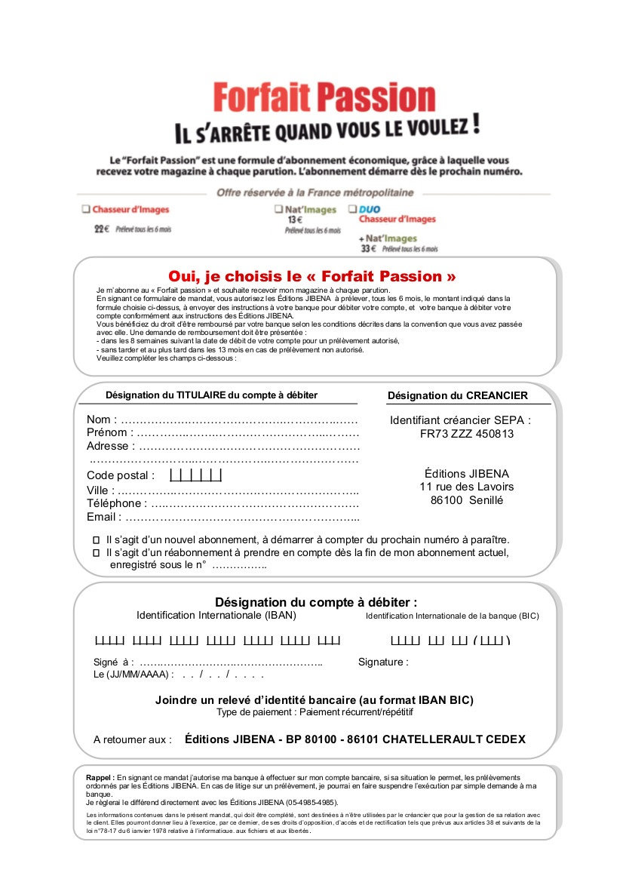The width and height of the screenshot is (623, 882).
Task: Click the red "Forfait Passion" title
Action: point(324,98)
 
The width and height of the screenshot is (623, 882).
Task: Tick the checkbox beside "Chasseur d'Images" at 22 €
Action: point(87,209)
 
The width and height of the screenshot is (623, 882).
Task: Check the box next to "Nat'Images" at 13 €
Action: point(279,209)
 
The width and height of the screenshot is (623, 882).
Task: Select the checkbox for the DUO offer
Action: point(352,209)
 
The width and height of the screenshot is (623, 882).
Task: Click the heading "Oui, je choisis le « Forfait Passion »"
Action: point(312,276)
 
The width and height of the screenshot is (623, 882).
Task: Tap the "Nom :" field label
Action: point(102,419)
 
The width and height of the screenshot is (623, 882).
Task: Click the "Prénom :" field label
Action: point(110,433)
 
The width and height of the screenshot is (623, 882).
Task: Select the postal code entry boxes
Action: point(196,475)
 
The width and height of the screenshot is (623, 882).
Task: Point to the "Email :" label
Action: point(104,518)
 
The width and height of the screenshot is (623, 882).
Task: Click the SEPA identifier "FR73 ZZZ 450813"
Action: point(467,434)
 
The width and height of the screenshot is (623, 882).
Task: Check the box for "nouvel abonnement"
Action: point(96,540)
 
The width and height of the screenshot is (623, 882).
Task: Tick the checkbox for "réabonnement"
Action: point(96,553)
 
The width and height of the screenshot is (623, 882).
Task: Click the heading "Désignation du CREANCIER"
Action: point(458,395)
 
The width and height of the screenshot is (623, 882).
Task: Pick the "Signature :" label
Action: point(383,662)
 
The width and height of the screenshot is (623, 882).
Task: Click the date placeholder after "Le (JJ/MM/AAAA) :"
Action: point(222,675)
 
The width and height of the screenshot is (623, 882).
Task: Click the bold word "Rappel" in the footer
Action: point(100,777)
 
